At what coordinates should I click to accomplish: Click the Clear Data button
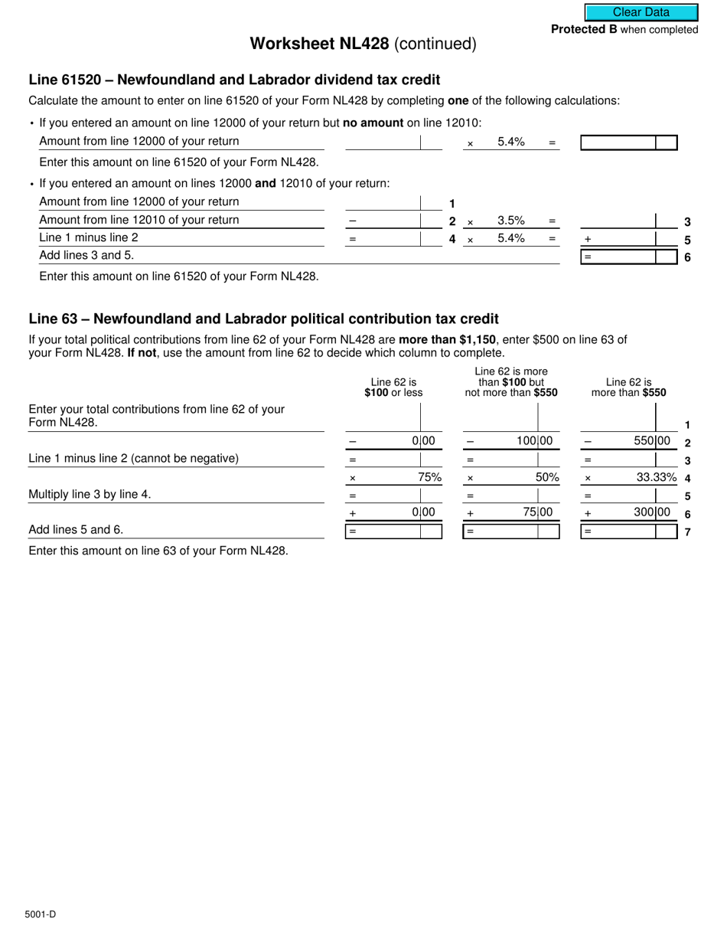(641, 12)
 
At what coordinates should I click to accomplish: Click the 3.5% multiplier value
(510, 221)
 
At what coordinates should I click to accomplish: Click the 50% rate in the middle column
(547, 477)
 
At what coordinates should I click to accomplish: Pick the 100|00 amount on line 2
(534, 441)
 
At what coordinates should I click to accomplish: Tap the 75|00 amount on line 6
(537, 512)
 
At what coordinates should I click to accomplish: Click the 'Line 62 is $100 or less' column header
(393, 388)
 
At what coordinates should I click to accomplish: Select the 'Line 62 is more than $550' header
(628, 388)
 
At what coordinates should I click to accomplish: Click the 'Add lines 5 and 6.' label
(76, 529)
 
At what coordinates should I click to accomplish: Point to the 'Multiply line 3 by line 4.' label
(90, 494)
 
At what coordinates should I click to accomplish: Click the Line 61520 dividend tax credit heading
(234, 80)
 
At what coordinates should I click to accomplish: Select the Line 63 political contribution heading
(263, 319)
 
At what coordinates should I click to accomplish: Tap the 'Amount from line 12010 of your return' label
(139, 220)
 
